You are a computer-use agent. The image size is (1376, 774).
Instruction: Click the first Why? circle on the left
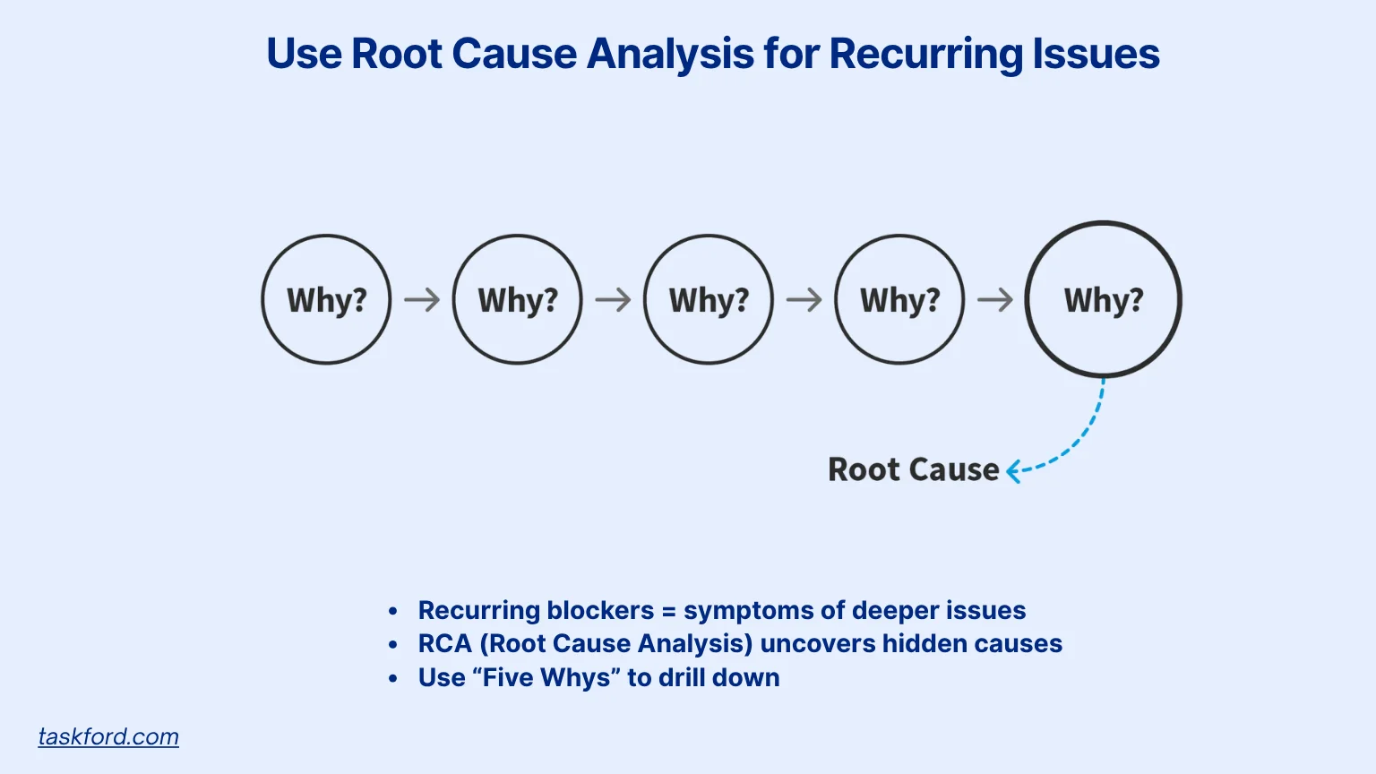pos(262,299)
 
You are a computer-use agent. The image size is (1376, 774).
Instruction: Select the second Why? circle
pos(453,299)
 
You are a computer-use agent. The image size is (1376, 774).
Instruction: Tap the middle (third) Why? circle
pos(644,299)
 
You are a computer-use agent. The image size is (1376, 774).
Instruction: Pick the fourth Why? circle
pos(836,299)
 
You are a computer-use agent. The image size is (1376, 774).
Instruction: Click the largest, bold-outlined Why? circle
pos(1027,299)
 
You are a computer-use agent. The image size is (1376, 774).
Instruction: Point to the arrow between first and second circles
pos(422,300)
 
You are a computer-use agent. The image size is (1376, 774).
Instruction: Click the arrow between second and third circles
pos(613,300)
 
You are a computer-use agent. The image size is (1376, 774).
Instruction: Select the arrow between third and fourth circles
pos(804,300)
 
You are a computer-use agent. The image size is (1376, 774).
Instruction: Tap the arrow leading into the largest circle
pos(995,300)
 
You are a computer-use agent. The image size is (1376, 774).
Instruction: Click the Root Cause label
pos(914,469)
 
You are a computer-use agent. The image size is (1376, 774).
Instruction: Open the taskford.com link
pos(108,736)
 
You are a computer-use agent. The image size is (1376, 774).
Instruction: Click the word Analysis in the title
pos(670,54)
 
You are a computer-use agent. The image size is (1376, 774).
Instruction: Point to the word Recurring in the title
pos(926,54)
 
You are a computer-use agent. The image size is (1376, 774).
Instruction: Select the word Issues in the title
pos(1096,53)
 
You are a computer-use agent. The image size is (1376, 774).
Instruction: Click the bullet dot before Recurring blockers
pos(393,611)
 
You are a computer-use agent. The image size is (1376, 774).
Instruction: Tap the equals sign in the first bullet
pos(669,611)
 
